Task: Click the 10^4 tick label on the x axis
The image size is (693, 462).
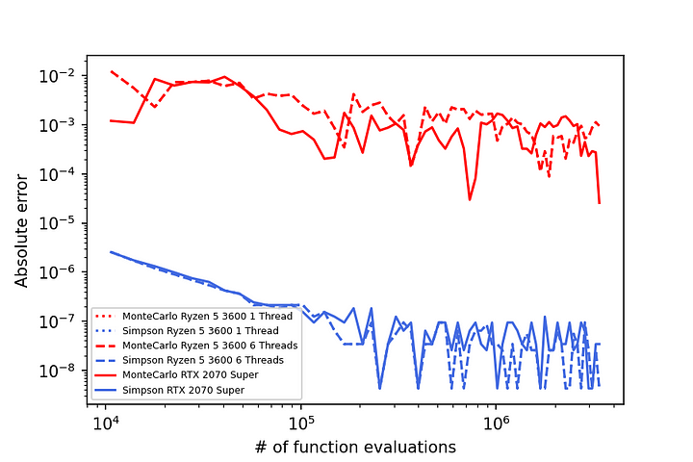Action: [x=107, y=423]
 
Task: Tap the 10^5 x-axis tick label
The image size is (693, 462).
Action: [x=301, y=423]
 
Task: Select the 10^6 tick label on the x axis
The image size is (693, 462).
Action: [x=496, y=423]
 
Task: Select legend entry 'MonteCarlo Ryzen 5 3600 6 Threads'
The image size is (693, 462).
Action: [x=200, y=345]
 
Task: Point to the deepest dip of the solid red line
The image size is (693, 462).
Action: [x=470, y=199]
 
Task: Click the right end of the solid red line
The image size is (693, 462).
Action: [x=599, y=203]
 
